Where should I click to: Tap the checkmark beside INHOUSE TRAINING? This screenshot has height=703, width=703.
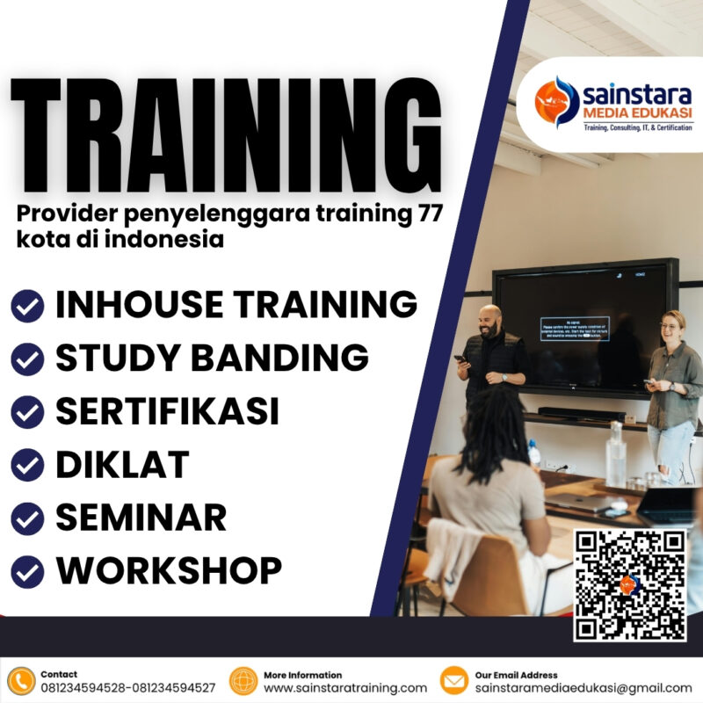click(27, 306)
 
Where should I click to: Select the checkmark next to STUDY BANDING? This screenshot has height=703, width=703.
click(27, 359)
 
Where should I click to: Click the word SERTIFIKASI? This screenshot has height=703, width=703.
click(167, 411)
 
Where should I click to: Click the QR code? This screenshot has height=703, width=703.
click(630, 584)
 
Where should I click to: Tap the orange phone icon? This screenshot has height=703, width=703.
click(19, 681)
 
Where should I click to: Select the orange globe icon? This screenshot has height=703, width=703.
click(243, 681)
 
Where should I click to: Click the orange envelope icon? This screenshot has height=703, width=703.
click(453, 681)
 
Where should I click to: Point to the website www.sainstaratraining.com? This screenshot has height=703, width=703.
click(345, 688)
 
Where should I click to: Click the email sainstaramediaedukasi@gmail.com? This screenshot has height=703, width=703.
click(583, 688)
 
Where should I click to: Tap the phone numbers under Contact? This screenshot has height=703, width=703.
click(127, 688)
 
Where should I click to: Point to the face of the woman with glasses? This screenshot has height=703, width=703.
click(671, 327)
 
